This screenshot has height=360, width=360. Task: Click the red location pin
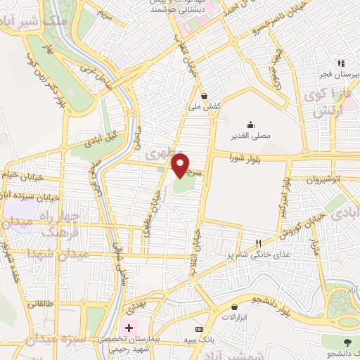pyautogui.click(x=181, y=166)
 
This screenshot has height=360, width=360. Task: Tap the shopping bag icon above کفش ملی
pyautogui.click(x=204, y=96)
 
